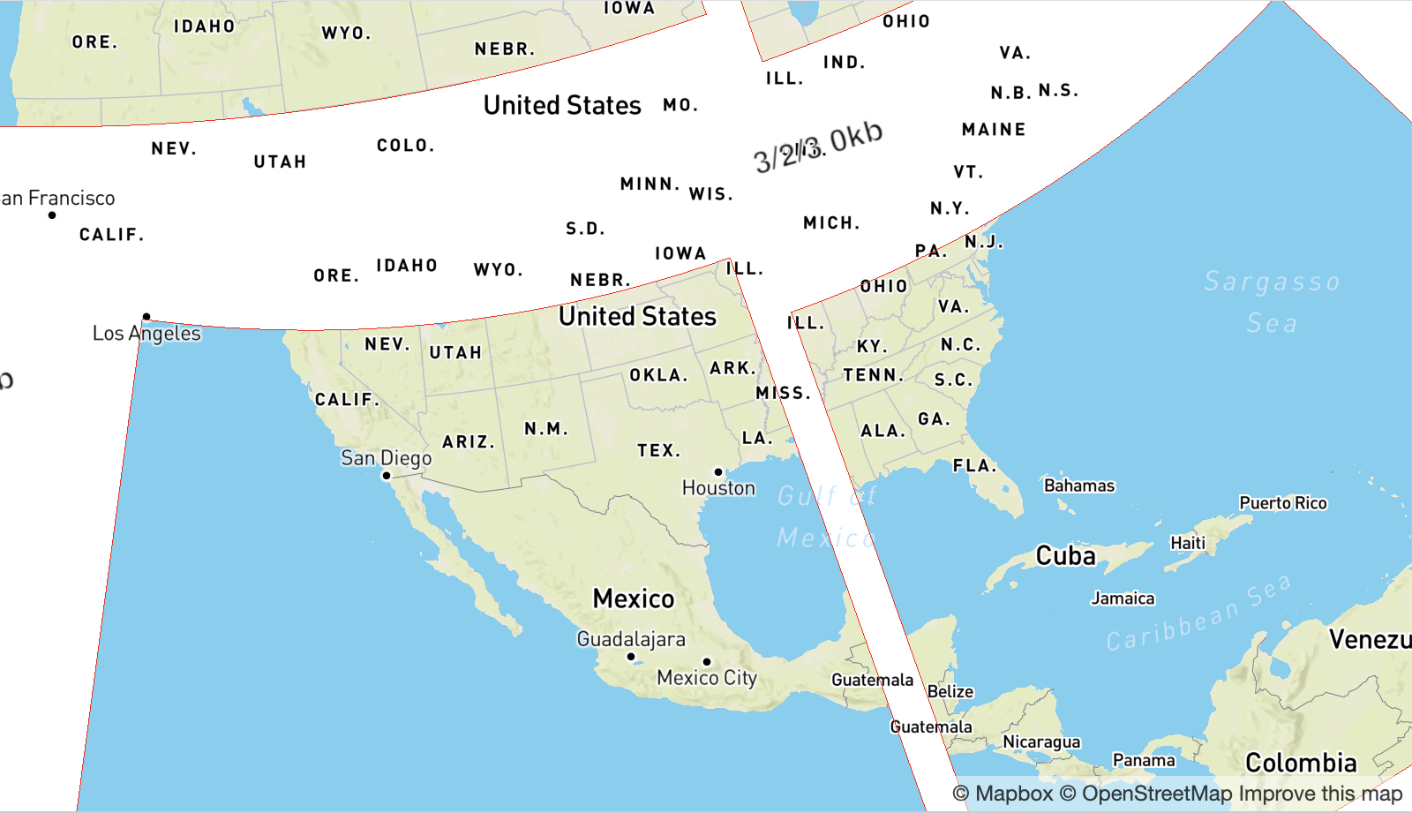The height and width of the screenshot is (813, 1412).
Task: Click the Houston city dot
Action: click(x=718, y=472)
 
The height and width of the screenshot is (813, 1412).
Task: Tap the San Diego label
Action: click(x=387, y=458)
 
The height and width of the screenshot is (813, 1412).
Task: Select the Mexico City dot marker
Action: click(x=707, y=661)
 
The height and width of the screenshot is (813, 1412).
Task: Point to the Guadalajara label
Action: click(x=631, y=639)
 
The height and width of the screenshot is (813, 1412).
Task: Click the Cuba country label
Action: click(x=1065, y=556)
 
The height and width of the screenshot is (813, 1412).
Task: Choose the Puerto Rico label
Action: click(x=1283, y=503)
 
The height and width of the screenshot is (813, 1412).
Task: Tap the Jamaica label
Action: click(x=1123, y=598)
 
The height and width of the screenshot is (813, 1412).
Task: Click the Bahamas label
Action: click(x=1079, y=486)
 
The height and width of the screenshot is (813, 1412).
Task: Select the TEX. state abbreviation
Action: click(x=659, y=451)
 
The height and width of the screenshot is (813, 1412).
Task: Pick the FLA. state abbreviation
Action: click(x=975, y=465)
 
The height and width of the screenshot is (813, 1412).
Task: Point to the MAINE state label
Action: click(x=994, y=130)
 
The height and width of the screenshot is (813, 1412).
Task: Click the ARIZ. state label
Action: click(x=469, y=442)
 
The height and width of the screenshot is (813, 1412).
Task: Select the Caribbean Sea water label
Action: click(x=1198, y=614)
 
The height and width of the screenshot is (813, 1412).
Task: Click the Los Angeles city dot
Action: click(x=146, y=316)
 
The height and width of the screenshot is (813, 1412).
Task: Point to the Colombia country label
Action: click(x=1301, y=763)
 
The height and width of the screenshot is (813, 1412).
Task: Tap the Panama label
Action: click(x=1144, y=760)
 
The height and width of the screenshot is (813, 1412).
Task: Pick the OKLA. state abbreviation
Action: click(x=658, y=375)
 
